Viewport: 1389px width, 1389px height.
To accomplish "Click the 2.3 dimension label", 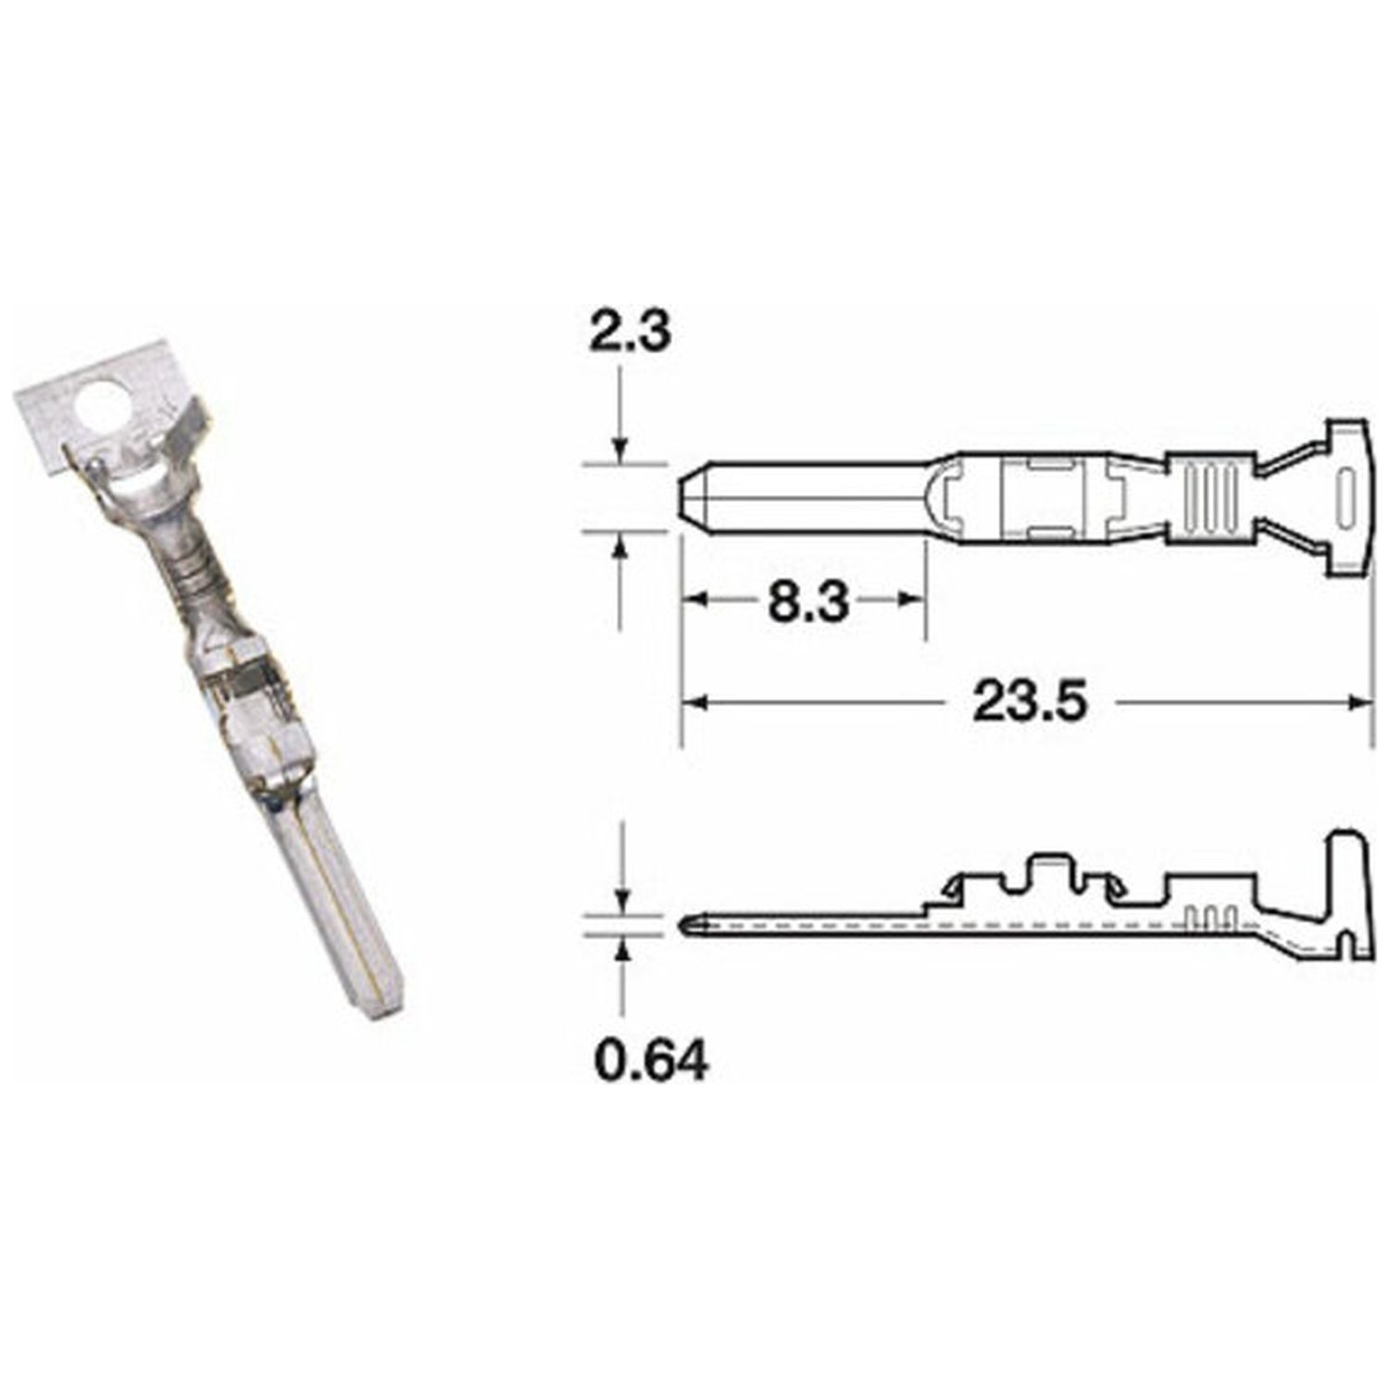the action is [630, 334].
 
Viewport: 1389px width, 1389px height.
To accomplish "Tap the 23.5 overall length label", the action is [1028, 703].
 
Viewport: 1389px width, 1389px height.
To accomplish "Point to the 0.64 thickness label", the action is [652, 1061].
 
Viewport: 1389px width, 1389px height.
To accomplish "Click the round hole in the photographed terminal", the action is [105, 407].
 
